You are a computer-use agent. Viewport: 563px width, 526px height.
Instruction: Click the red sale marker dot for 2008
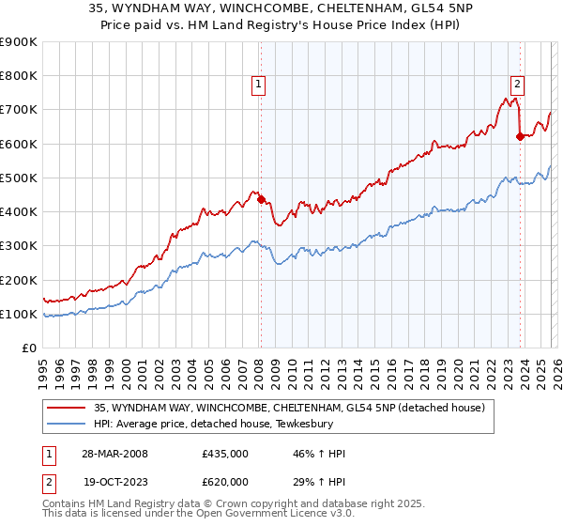pos(261,199)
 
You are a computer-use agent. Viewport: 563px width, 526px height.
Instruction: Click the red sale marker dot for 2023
pos(520,136)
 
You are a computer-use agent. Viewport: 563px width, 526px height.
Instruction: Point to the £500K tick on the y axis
pos(19,178)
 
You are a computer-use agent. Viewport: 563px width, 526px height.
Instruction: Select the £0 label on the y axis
pos(29,348)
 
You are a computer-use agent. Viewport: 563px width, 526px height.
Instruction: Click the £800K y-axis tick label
pos(19,76)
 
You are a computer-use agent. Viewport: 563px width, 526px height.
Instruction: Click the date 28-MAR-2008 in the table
pos(114,454)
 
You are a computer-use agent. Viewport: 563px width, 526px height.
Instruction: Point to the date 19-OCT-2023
pos(114,482)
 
